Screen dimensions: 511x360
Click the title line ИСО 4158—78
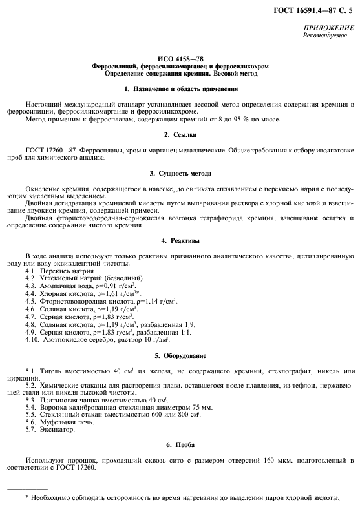tap(180, 58)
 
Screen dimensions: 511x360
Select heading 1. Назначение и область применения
tap(180, 88)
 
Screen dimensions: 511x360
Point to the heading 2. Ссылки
tap(180, 134)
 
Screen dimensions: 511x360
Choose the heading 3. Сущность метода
tap(180, 173)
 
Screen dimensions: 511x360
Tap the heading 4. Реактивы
tap(180, 240)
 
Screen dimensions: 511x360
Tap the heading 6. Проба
tap(180, 445)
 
